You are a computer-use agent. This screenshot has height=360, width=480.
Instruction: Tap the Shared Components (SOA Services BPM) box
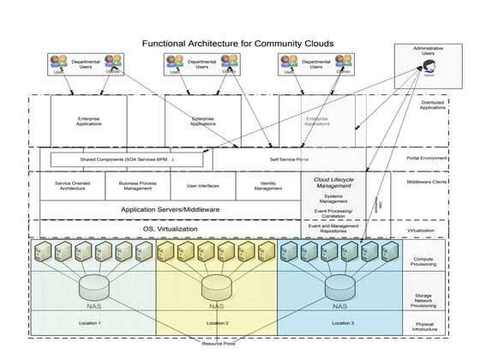pos(127,159)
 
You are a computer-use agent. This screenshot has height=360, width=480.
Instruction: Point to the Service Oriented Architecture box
pos(74,184)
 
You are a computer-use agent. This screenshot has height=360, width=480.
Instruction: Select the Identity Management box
pos(267,184)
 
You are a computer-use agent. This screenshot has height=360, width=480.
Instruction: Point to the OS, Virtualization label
pos(170,229)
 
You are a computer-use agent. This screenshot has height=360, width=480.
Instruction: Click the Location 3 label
pos(342,322)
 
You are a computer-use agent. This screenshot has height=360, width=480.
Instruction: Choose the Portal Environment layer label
pos(425,159)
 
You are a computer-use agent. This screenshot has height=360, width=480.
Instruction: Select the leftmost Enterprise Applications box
pos(88,121)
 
